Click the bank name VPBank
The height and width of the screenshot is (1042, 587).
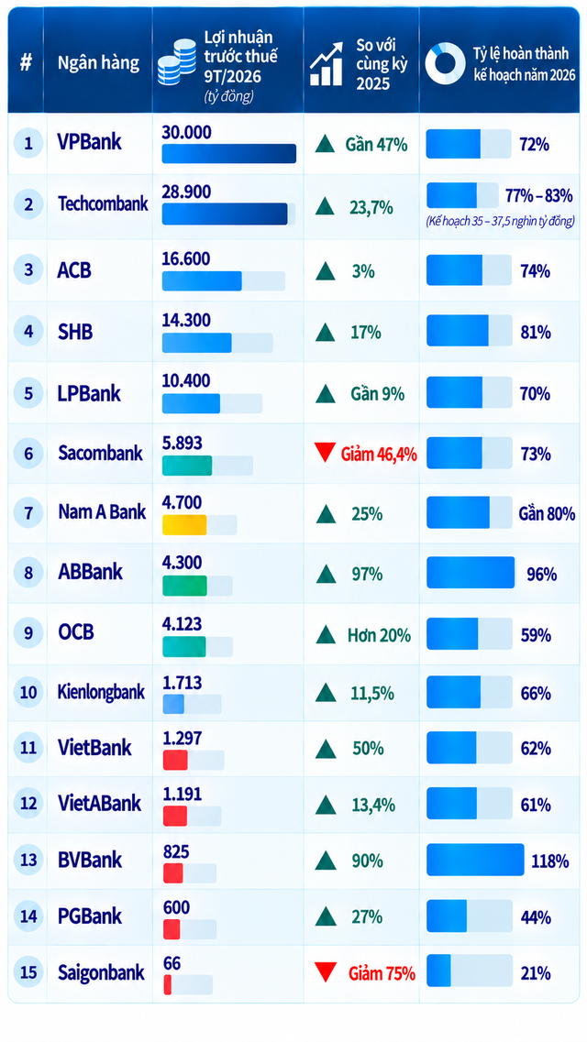(x=89, y=143)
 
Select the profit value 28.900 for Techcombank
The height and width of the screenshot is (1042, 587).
(x=186, y=192)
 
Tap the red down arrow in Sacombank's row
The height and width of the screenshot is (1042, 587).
(x=325, y=454)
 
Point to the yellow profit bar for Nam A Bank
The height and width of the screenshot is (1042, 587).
(x=184, y=525)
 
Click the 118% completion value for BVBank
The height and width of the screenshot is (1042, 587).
(x=549, y=861)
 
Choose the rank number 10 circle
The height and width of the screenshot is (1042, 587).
(x=28, y=693)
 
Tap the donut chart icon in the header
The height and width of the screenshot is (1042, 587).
(x=445, y=64)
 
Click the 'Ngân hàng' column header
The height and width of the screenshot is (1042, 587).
(x=98, y=64)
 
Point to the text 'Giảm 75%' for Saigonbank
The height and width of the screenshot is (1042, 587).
(x=382, y=973)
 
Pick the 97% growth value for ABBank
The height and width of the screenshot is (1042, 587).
(x=367, y=575)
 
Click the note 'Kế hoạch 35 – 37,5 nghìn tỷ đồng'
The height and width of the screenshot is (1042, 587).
(x=501, y=222)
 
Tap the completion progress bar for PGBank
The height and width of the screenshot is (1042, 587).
(x=470, y=917)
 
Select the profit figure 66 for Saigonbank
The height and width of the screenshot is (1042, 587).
(x=172, y=963)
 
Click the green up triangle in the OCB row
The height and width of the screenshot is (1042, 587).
(x=326, y=634)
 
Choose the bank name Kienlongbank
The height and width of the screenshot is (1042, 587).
(x=101, y=693)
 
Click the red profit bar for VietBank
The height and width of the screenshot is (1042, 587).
(x=175, y=760)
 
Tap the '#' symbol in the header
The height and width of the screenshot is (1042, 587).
(x=26, y=64)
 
